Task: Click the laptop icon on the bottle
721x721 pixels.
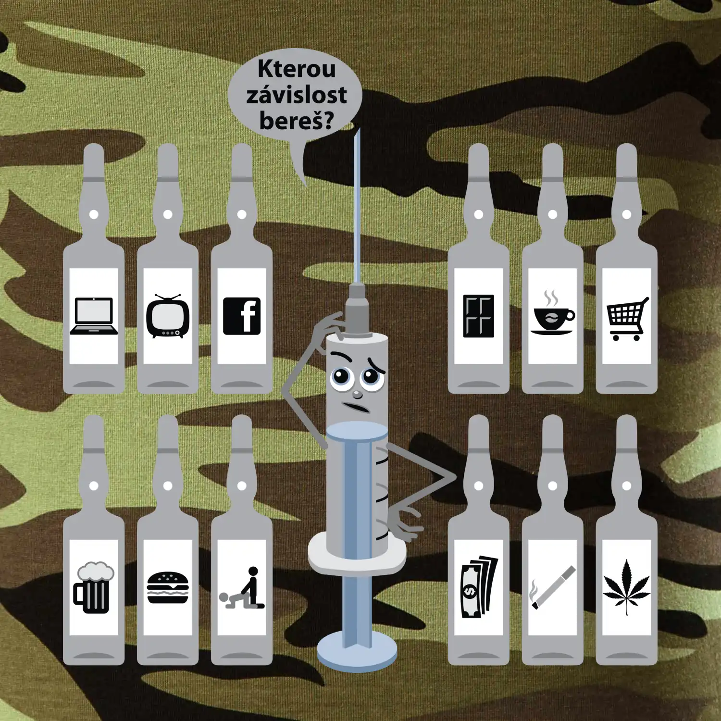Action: click(94, 316)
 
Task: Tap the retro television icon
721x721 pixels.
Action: click(168, 316)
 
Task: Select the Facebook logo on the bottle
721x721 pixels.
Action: click(242, 316)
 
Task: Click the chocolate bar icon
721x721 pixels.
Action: click(479, 316)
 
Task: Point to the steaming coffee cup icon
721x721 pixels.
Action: click(553, 313)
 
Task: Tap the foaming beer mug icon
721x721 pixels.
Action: click(94, 587)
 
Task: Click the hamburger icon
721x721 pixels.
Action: click(168, 587)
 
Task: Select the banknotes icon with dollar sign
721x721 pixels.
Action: click(479, 587)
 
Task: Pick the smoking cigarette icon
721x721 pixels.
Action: click(553, 587)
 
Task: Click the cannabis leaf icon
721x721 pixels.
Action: click(627, 587)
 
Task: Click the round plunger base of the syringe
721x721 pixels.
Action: click(357, 651)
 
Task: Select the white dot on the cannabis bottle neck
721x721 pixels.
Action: click(627, 486)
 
